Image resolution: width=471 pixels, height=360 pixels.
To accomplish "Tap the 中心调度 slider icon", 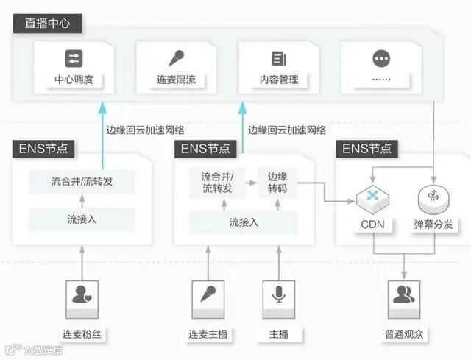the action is [x=74, y=59].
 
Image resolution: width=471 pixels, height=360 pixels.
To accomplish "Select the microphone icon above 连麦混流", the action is [x=176, y=59].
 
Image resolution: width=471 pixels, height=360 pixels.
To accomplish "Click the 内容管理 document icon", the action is [x=278, y=59].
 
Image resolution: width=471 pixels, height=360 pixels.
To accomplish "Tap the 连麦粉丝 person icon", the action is [x=82, y=295].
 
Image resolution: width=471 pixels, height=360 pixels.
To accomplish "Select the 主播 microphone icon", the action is [x=278, y=295].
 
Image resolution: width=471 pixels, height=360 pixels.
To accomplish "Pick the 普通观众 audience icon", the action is [x=403, y=295].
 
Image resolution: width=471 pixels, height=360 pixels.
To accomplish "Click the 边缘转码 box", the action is [x=277, y=183].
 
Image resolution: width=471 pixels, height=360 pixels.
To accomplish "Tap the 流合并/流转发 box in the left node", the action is [x=82, y=181].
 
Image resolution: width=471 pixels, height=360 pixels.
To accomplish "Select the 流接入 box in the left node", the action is [x=82, y=219].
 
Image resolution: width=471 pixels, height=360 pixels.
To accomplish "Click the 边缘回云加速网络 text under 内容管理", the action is [x=287, y=130].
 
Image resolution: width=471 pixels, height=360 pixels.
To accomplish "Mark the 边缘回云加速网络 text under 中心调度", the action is [x=145, y=130].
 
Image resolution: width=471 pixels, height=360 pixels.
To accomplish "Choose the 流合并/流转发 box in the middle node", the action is [x=217, y=183].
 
